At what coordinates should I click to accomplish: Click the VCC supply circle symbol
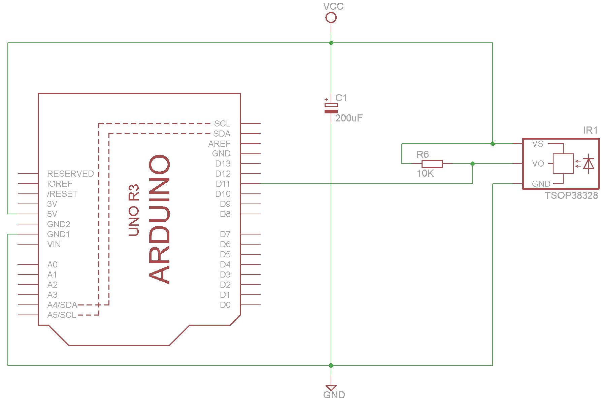[x=331, y=17]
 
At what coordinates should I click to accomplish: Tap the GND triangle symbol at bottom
[x=331, y=388]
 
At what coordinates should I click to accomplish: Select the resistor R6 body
[x=432, y=164]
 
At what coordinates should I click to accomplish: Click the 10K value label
[x=425, y=174]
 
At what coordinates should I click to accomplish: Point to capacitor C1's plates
[x=331, y=108]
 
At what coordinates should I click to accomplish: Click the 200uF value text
[x=349, y=118]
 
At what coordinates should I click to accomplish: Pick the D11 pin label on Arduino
[x=223, y=184]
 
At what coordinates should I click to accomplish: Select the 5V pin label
[x=52, y=214]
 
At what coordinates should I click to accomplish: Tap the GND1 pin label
[x=59, y=234]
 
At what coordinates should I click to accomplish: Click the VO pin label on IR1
[x=538, y=164]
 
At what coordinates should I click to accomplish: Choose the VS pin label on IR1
[x=538, y=144]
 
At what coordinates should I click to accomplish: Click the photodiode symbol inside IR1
[x=588, y=164]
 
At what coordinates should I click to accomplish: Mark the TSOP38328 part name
[x=571, y=195]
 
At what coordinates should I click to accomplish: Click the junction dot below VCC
[x=331, y=43]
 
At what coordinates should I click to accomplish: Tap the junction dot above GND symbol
[x=331, y=365]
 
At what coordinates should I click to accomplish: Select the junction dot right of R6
[x=472, y=163]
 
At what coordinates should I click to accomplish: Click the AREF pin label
[x=219, y=144]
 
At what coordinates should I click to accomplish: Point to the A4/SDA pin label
[x=62, y=305]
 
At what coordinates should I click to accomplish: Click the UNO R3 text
[x=134, y=210]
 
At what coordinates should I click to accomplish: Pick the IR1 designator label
[x=590, y=131]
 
